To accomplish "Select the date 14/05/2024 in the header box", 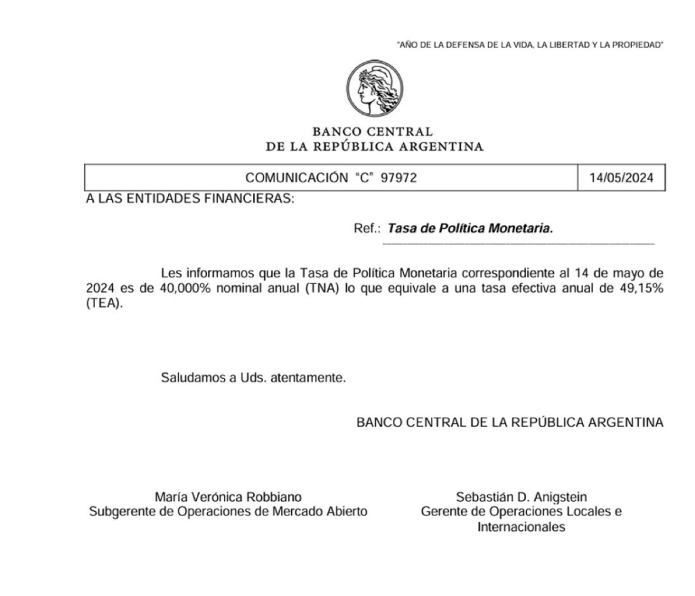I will [622, 179].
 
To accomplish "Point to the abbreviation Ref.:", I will [367, 229].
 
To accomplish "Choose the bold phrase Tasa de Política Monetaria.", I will [470, 229].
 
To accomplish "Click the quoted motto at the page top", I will [529, 45].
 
